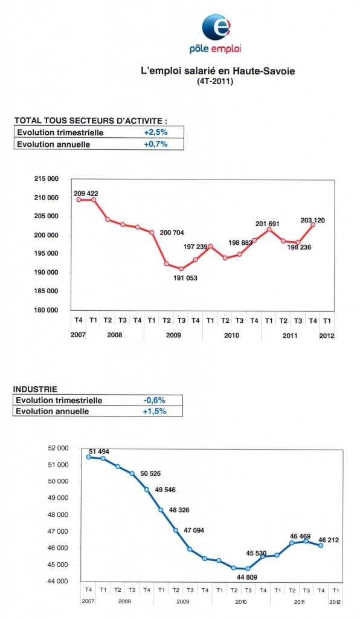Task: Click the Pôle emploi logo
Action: coord(215,34)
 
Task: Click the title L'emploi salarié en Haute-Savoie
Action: coord(218,71)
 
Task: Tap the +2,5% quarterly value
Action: coord(156,132)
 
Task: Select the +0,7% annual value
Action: coord(156,144)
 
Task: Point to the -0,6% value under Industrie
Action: coord(155,400)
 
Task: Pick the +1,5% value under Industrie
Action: coord(155,411)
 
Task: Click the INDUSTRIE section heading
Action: coord(35,389)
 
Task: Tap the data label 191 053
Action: coord(185,278)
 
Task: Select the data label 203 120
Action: coord(313,220)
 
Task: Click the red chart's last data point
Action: coord(313,224)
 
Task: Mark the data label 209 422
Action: coord(86,193)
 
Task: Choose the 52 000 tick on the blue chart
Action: coord(58,448)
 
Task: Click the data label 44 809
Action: coord(246,577)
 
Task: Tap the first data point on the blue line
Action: coord(89,457)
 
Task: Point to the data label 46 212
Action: coord(329,540)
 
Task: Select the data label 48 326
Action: coord(179,510)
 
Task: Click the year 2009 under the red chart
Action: coord(173,335)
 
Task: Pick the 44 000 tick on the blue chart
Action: coord(58,582)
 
